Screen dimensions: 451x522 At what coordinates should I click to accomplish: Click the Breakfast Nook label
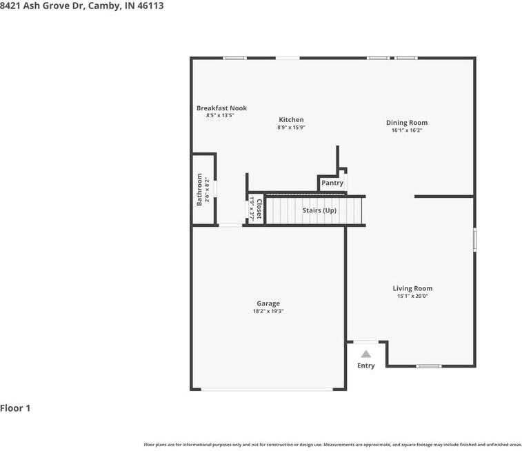(221, 108)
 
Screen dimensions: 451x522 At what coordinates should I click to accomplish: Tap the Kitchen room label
(291, 120)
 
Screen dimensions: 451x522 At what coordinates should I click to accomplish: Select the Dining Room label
(406, 123)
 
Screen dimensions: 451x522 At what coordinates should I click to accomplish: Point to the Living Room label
(412, 288)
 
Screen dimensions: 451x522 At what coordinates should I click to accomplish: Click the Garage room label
(268, 303)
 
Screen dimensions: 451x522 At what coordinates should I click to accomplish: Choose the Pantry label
(332, 183)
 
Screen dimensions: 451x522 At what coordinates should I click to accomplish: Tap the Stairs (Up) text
(319, 210)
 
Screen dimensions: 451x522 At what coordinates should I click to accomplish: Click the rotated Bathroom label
(199, 190)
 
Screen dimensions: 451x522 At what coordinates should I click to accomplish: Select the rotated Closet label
(259, 208)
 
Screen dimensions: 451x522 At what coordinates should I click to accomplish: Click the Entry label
(365, 365)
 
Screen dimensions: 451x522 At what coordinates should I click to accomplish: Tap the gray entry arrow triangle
(366, 354)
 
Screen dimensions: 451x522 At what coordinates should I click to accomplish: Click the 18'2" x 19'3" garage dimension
(268, 312)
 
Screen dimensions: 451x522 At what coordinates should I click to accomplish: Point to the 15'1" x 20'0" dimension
(412, 297)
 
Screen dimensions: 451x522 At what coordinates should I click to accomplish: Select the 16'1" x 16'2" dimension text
(406, 130)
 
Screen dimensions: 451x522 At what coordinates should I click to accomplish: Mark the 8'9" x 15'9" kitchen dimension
(291, 128)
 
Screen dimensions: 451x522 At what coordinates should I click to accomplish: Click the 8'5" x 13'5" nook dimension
(221, 116)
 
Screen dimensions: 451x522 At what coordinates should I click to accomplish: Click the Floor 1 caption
(15, 408)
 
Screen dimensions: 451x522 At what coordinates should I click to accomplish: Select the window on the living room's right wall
(474, 239)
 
